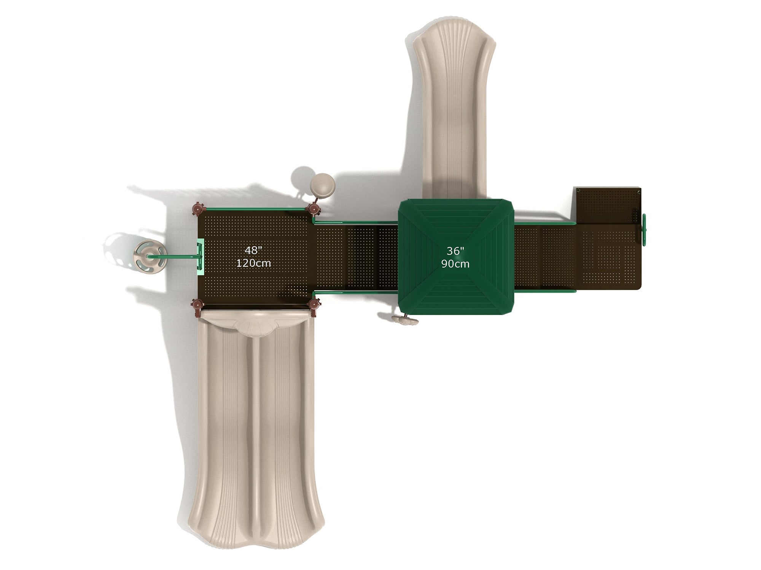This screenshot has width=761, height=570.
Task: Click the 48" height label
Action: [253, 250]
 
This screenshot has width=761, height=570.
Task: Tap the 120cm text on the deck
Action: [253, 263]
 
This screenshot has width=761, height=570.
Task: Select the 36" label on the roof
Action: [455, 251]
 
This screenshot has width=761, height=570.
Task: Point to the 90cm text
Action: [455, 264]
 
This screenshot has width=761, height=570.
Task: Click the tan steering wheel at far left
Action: [150, 256]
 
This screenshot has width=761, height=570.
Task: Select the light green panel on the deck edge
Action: [201, 256]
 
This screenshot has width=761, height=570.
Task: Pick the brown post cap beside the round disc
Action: [314, 209]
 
